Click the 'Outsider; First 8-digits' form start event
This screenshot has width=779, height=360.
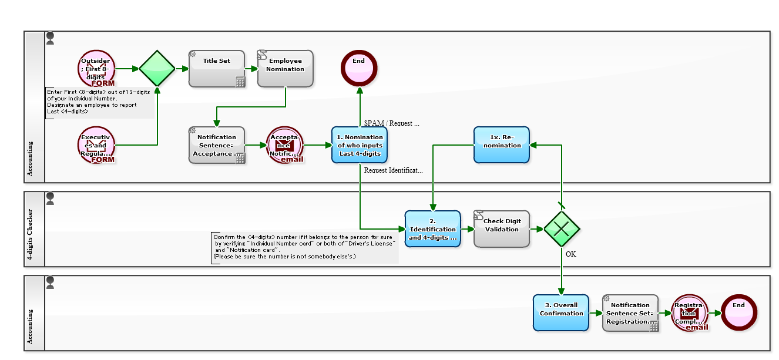96,69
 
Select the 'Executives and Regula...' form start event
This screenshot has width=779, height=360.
96,145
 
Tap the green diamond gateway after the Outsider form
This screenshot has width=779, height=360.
157,69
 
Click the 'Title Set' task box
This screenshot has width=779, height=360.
216,69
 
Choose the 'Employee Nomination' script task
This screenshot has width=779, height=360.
285,69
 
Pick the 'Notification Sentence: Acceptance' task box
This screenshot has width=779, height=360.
216,145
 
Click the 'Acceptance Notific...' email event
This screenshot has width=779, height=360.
284,145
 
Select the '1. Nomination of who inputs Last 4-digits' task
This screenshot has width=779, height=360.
360,145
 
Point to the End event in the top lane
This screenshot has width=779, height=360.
359,69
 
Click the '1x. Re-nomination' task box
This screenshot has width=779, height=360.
502,145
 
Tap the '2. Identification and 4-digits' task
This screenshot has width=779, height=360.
432,229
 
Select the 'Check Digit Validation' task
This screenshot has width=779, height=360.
502,229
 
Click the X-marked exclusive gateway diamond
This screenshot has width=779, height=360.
562,229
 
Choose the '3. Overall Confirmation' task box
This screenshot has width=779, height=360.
561,312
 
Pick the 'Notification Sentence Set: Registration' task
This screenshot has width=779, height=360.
630,313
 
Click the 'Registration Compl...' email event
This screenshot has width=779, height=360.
689,313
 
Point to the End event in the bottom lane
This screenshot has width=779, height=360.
739,312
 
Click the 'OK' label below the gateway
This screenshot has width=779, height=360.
571,254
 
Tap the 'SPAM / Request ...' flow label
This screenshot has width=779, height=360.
392,123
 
